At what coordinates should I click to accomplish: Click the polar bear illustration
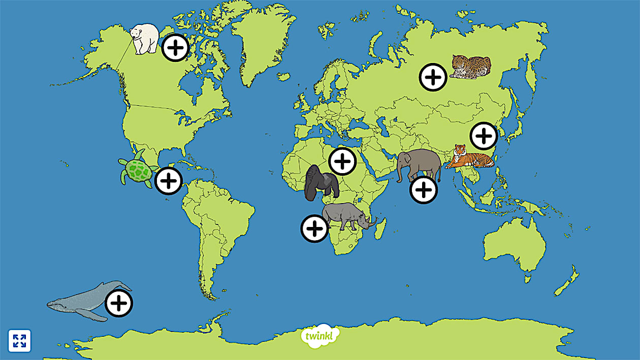[144, 38]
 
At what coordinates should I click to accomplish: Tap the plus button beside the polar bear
[175, 48]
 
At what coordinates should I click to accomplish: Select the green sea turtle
[136, 170]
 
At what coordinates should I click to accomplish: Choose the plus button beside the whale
[119, 304]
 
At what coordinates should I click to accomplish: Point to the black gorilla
[321, 183]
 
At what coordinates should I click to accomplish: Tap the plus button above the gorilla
[343, 161]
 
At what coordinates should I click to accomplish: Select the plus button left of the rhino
[315, 228]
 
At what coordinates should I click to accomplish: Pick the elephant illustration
[419, 165]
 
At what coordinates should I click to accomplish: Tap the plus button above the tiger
[484, 136]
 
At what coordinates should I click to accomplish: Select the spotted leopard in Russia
[471, 68]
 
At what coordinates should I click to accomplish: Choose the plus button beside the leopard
[433, 77]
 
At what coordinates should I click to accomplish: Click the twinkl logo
[320, 335]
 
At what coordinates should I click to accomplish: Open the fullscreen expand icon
[20, 341]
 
